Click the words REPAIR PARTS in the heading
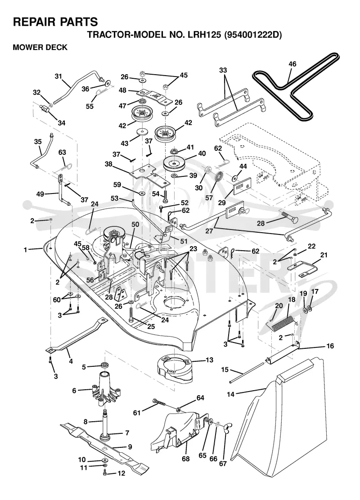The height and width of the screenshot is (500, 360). pyautogui.click(x=55, y=22)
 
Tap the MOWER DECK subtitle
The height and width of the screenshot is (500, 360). pyautogui.click(x=40, y=47)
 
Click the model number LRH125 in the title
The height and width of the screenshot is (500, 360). pyautogui.click(x=206, y=35)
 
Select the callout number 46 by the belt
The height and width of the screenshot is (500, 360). pyautogui.click(x=292, y=64)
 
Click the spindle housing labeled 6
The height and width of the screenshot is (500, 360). pyautogui.click(x=104, y=389)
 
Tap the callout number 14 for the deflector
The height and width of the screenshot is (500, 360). pyautogui.click(x=230, y=394)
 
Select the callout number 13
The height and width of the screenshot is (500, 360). pyautogui.click(x=210, y=360)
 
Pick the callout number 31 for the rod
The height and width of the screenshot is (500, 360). pyautogui.click(x=58, y=76)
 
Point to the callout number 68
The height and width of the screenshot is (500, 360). pyautogui.click(x=185, y=459)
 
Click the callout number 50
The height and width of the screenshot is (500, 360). pyautogui.click(x=135, y=225)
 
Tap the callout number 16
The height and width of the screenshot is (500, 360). pyautogui.click(x=330, y=346)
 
